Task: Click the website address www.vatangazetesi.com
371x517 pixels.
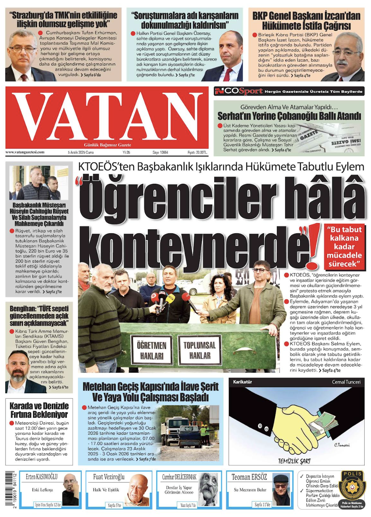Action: point(25,152)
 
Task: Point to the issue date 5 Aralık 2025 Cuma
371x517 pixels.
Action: point(80,152)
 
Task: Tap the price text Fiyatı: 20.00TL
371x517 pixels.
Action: point(197,152)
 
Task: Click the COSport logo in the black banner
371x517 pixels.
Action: point(239,91)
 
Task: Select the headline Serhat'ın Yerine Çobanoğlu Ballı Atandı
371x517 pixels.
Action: point(289,116)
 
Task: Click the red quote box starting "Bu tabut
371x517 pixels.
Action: point(344,246)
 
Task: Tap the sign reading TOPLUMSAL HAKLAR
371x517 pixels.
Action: point(199,350)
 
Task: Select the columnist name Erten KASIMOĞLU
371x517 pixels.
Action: point(42,477)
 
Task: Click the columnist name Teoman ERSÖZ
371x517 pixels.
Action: point(249,477)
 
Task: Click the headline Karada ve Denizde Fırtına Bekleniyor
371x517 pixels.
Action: point(39,410)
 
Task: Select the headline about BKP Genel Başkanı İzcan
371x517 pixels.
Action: point(306,21)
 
